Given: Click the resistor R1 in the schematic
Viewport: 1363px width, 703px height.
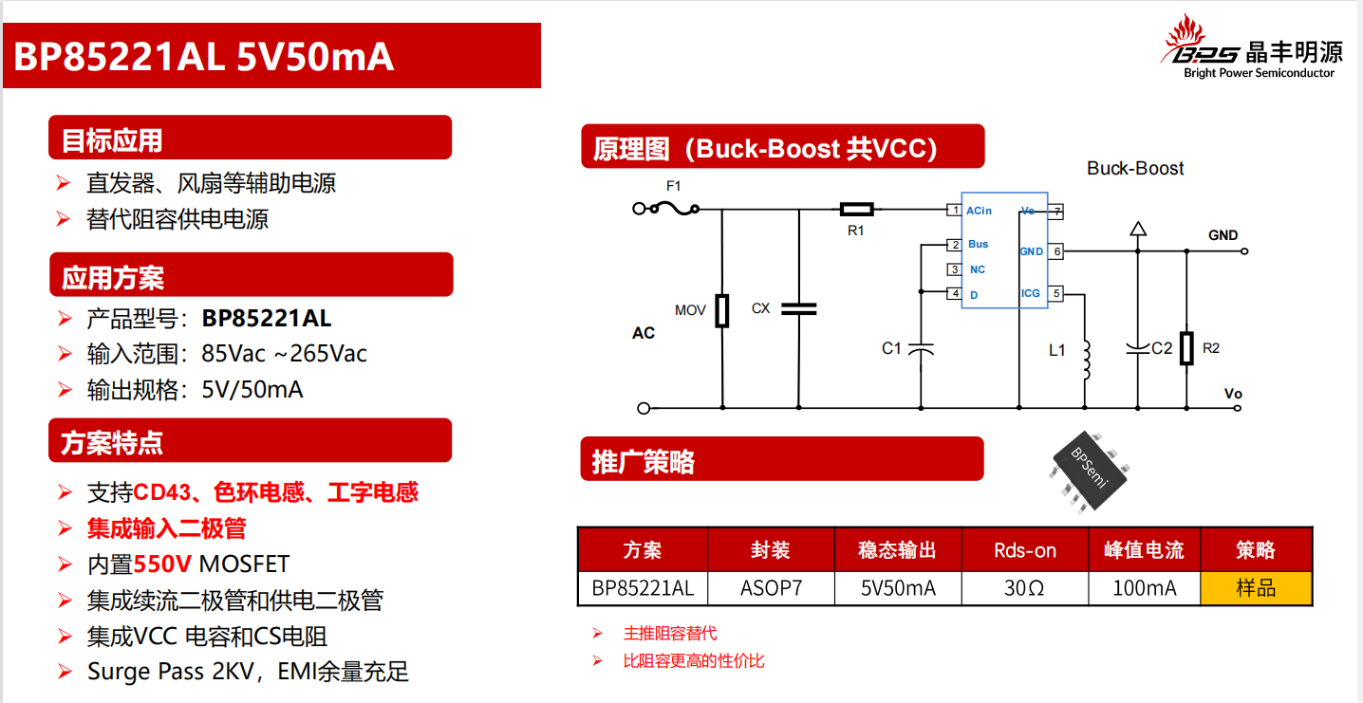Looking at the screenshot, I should point(856,209).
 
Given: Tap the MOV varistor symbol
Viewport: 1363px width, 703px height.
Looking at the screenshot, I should point(722,310).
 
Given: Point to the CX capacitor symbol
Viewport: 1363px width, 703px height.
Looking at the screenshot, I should point(798,308).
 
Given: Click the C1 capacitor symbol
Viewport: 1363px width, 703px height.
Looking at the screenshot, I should point(921,348).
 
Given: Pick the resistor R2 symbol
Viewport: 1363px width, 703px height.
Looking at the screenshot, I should point(1186,348).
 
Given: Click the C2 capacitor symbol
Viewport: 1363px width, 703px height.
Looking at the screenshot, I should point(1137,348).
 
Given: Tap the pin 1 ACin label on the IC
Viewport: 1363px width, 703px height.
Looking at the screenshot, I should point(979,211).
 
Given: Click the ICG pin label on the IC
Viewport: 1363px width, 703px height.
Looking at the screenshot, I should point(1031,294).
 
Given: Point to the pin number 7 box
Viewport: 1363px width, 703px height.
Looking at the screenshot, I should point(1055,211).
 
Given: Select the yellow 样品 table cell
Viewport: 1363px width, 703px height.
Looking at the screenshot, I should point(1256,588).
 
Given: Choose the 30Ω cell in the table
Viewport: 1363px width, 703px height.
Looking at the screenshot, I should point(1024,588).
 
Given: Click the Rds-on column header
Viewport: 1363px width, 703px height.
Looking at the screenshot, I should point(1024,550).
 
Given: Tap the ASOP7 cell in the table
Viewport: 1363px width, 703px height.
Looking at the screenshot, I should point(771,588).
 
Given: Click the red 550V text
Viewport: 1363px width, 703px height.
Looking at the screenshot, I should point(164,564).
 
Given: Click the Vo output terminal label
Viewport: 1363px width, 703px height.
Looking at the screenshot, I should point(1233,394).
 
